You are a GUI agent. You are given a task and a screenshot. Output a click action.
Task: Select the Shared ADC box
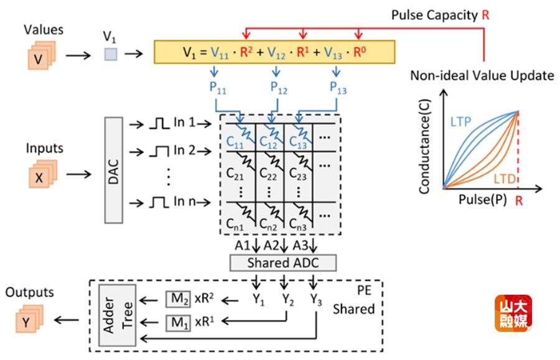coord(283,262)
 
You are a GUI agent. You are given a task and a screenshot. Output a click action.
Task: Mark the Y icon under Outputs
coord(26,323)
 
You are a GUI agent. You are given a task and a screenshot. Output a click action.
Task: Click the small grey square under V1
coord(110,55)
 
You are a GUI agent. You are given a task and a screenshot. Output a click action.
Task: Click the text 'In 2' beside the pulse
coord(184,150)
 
